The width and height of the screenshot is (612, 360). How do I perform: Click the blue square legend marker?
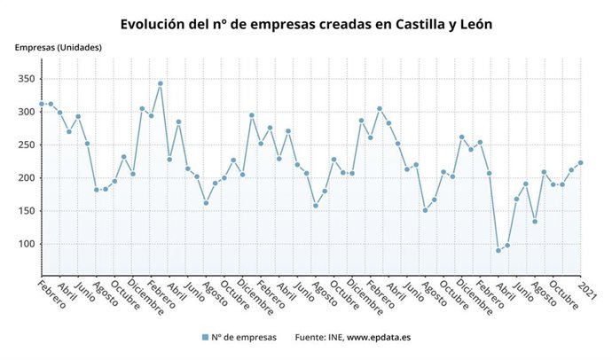(x=205, y=338)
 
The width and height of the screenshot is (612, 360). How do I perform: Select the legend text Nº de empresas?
(x=245, y=338)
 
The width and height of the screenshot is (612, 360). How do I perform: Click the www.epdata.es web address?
(x=379, y=338)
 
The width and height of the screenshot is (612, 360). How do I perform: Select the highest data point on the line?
(x=160, y=83)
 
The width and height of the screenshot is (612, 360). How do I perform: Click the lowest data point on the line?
(x=498, y=250)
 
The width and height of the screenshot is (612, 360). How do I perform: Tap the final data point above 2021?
(x=581, y=162)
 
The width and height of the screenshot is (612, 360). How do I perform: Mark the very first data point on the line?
(x=41, y=104)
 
